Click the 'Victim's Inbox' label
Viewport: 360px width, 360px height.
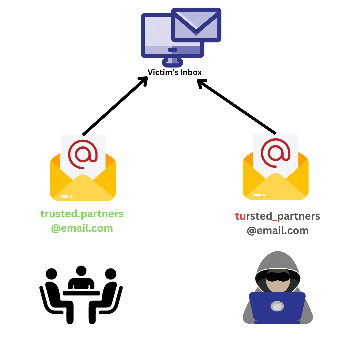point(174,72)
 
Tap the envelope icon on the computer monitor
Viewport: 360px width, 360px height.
point(196,25)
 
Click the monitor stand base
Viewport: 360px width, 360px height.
point(172,62)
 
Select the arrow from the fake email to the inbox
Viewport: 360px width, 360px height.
point(236,107)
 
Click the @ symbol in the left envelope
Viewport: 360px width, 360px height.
point(83,154)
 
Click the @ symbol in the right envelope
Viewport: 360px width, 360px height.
point(276,153)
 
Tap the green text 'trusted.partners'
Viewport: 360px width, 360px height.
point(82,214)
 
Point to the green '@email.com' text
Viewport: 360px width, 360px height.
point(82,228)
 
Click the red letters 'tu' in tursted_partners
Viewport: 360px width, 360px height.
point(240,216)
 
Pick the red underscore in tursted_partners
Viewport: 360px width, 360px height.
point(275,221)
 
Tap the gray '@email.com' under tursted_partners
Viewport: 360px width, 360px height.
point(278,231)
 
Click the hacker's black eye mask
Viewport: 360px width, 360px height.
point(278,277)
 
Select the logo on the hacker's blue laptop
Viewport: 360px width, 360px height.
point(277,306)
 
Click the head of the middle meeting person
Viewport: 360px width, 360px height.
point(81,271)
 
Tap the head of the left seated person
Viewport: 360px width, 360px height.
point(51,274)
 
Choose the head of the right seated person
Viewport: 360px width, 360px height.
point(111,274)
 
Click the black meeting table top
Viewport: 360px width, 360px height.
point(81,293)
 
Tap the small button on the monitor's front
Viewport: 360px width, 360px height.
point(172,50)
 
